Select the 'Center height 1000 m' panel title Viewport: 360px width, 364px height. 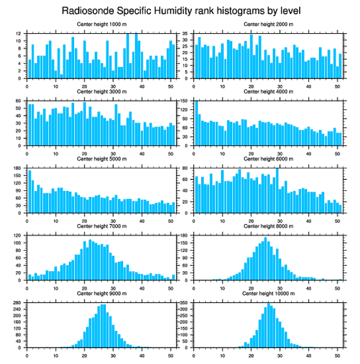pos(101,24)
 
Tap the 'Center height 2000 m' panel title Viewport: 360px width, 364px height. pos(268,24)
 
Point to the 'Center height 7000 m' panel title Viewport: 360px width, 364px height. pos(101,226)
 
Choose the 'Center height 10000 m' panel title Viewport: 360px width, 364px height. pos(268,293)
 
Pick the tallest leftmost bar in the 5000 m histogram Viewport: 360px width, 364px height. pos(30,191)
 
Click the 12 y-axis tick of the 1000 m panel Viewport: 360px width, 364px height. pos(19,34)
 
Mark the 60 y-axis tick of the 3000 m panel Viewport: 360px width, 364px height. pos(18,101)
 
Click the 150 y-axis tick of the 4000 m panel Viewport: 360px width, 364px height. pos(184,101)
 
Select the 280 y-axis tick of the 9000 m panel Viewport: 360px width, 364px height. pos(17,303)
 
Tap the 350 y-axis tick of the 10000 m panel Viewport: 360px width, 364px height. pos(184,303)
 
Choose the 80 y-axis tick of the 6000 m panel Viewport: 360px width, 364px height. pos(185,168)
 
